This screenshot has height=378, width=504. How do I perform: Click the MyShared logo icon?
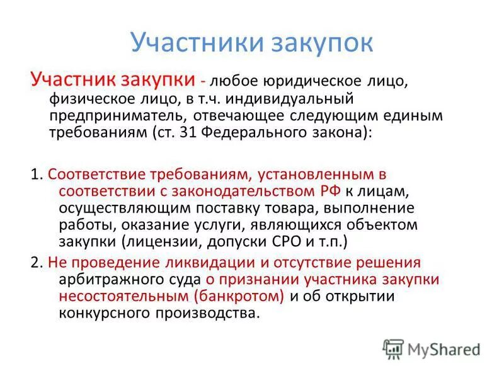tap(394, 348)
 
